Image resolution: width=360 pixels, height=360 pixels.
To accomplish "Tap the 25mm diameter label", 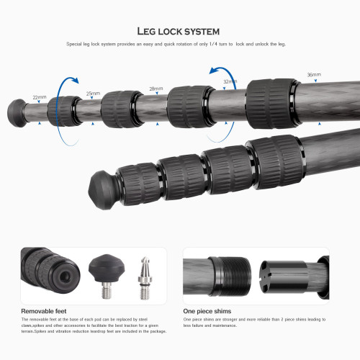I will point(93,94).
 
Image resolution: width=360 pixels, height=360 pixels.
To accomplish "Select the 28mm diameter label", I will point(156,89).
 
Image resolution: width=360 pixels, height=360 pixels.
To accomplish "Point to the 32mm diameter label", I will point(230,82).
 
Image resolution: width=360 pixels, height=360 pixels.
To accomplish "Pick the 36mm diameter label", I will point(314,75).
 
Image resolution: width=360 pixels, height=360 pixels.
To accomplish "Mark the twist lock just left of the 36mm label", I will point(271,92).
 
